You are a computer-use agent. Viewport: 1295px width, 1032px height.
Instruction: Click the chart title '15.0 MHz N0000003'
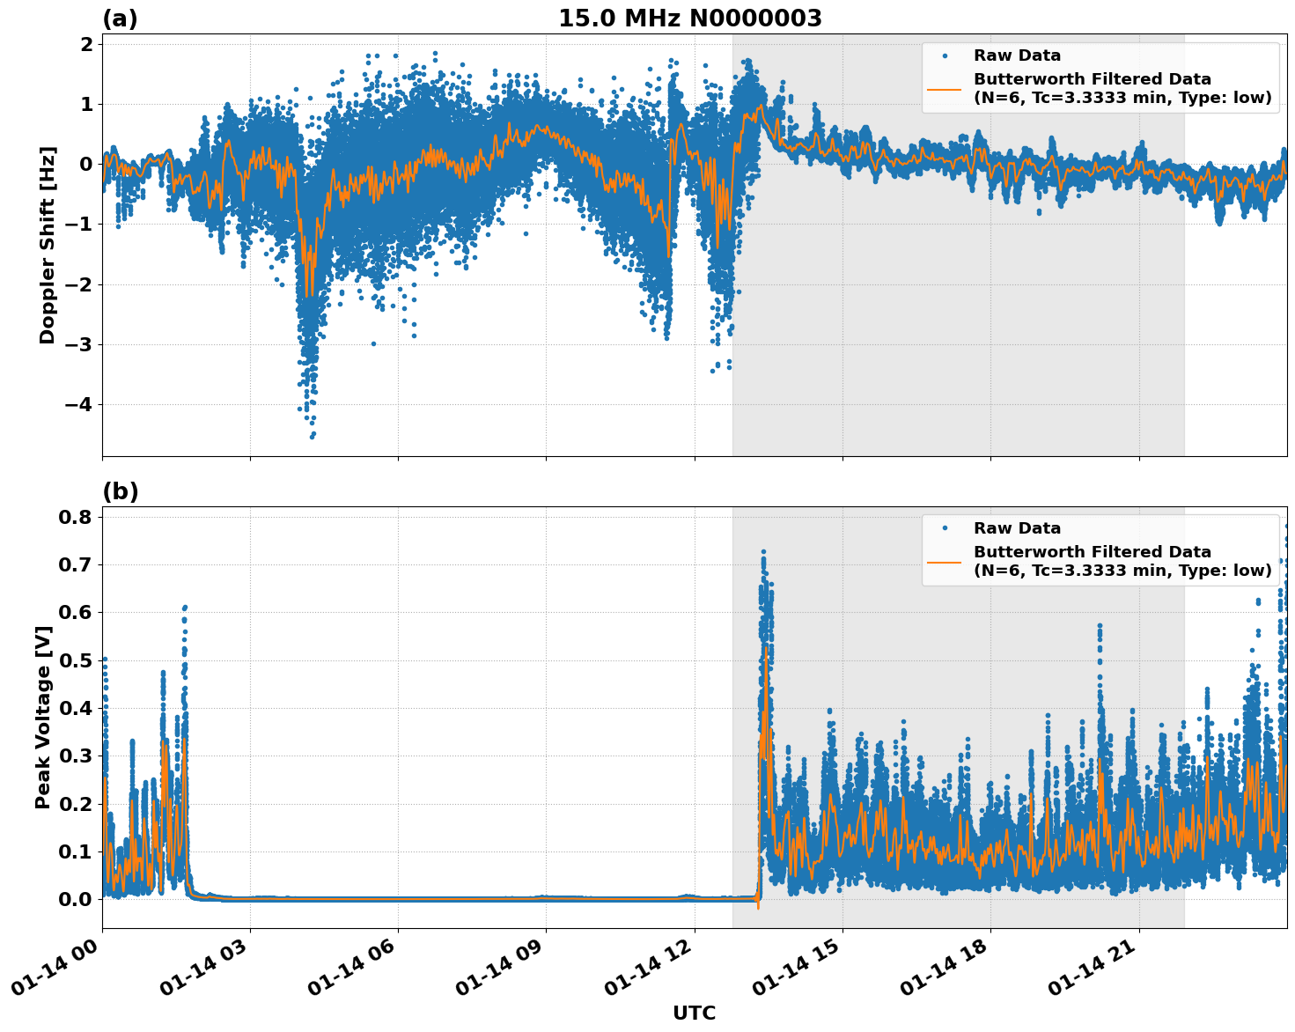(689, 18)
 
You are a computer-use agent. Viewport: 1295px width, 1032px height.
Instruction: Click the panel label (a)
(120, 18)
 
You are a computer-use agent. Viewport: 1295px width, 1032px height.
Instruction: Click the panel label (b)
(120, 491)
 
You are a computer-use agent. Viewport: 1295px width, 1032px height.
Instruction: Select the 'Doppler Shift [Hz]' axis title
(48, 245)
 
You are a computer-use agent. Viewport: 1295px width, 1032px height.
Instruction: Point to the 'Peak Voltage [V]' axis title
(43, 717)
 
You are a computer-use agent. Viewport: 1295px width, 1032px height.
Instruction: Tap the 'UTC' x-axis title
(694, 1013)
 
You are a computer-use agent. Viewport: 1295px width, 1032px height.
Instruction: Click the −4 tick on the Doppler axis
(81, 405)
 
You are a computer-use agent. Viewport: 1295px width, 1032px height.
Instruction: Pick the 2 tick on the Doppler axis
(86, 44)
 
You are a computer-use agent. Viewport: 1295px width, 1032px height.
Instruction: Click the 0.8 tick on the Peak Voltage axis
(76, 517)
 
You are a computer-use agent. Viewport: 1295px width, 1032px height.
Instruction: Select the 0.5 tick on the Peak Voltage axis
(76, 660)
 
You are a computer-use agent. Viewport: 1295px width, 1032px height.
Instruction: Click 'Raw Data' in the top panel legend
(1017, 55)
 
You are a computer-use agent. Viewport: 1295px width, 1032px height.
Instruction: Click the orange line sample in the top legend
(944, 88)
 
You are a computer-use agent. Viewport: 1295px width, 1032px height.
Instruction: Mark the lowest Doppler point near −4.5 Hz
(312, 436)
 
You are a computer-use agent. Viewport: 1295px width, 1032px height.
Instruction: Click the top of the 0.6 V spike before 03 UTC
(185, 607)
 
